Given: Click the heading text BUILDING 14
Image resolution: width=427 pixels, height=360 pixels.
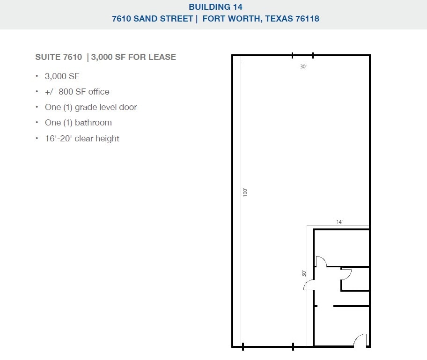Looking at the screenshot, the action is pyautogui.click(x=215, y=7).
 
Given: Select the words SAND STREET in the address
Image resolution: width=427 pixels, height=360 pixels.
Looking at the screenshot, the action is pyautogui.click(x=163, y=19).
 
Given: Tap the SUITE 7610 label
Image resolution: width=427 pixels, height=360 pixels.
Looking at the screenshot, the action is pyautogui.click(x=59, y=57).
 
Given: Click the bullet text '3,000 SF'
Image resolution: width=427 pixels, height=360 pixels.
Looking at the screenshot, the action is pyautogui.click(x=62, y=76).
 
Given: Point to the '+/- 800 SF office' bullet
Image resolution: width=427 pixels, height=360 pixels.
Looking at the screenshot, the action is pyautogui.click(x=77, y=92).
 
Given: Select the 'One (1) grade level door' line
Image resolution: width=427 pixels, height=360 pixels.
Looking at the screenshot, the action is pyautogui.click(x=91, y=107).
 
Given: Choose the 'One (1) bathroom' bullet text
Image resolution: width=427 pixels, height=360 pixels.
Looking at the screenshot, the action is pyautogui.click(x=79, y=123).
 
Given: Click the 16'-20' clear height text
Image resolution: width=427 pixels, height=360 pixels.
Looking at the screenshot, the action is pyautogui.click(x=82, y=139).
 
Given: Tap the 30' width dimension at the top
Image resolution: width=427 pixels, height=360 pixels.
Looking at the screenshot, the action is pyautogui.click(x=303, y=66).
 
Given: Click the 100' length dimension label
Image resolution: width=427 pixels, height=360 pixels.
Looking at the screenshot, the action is pyautogui.click(x=245, y=192).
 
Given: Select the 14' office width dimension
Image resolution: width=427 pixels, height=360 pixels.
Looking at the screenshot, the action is pyautogui.click(x=339, y=222).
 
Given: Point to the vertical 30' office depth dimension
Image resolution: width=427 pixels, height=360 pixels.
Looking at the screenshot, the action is pyautogui.click(x=304, y=273).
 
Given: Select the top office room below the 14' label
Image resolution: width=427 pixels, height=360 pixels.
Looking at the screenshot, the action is pyautogui.click(x=341, y=248).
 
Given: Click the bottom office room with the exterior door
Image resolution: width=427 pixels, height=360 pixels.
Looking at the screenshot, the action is pyautogui.click(x=341, y=326).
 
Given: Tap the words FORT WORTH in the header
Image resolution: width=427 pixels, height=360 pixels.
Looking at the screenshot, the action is pyautogui.click(x=231, y=19).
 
